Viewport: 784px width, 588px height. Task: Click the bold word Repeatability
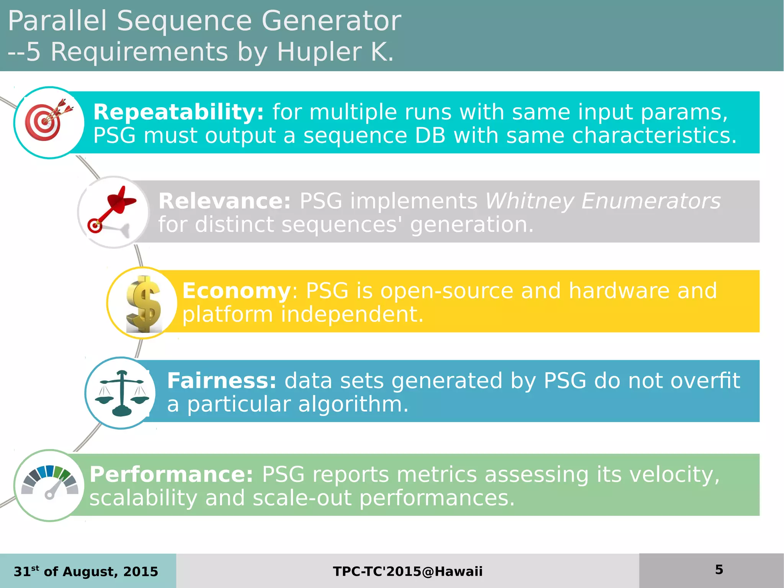(x=178, y=112)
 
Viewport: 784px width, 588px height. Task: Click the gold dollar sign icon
(x=143, y=303)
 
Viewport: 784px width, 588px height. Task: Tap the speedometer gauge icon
(x=50, y=483)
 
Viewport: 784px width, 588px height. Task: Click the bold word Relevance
(x=224, y=201)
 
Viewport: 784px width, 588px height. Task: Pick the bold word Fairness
(x=221, y=381)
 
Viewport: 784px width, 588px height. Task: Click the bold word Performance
(x=171, y=475)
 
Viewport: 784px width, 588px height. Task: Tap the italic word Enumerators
(x=650, y=201)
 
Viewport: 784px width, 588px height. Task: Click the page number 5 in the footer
(x=719, y=570)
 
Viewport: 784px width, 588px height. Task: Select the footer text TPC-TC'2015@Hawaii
(x=408, y=572)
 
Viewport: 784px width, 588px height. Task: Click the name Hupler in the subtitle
(x=319, y=52)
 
